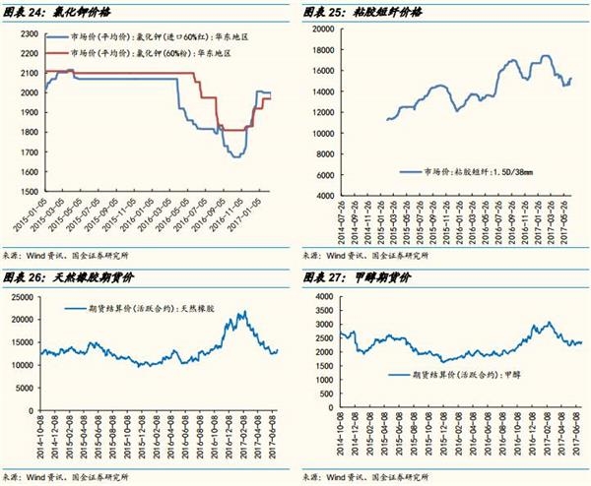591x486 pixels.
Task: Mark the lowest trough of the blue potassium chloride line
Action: (236, 155)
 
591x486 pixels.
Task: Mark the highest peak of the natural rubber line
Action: (240, 312)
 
